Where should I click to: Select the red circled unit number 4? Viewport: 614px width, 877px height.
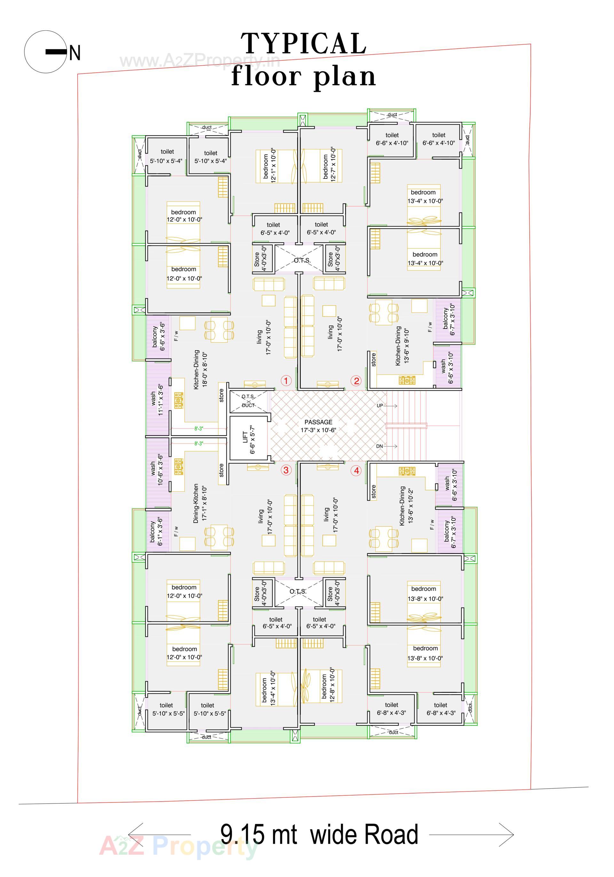point(356,470)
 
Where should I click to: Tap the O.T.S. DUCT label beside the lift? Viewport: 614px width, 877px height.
point(248,401)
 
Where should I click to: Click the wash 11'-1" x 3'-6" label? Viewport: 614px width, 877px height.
point(157,399)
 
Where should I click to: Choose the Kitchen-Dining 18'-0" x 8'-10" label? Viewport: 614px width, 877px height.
point(200,370)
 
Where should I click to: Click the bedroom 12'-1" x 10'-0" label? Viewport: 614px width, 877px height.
point(269,165)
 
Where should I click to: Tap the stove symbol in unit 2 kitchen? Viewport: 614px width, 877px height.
point(407,380)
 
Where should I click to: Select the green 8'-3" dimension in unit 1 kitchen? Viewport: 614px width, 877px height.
point(199,429)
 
